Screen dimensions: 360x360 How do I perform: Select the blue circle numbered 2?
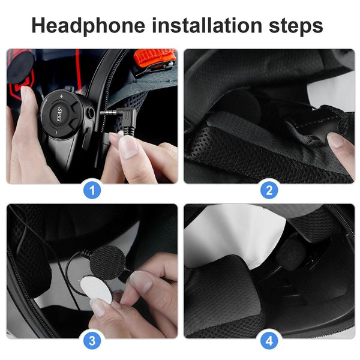pyautogui.click(x=269, y=191)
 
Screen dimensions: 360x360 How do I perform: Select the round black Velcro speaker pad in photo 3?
pyautogui.click(x=108, y=261)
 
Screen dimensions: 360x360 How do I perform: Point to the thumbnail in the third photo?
pyautogui.click(x=142, y=281)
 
